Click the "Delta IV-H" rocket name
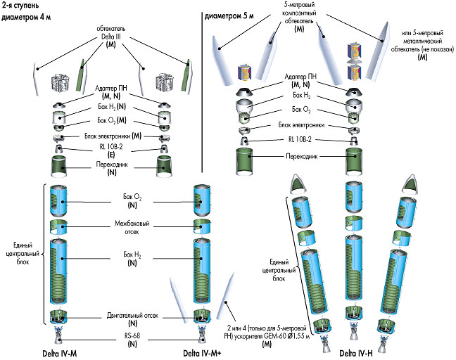pos(355,352)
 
